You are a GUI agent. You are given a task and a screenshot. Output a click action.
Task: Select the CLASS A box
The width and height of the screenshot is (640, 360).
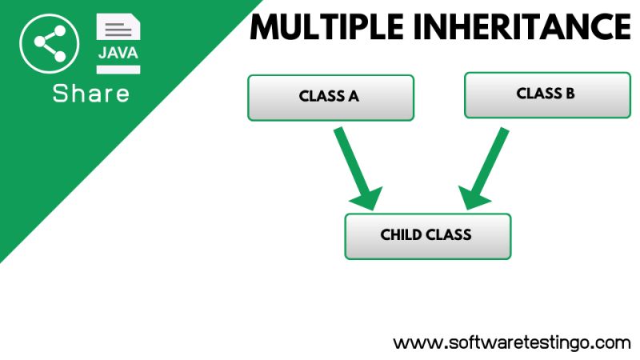pyautogui.click(x=330, y=97)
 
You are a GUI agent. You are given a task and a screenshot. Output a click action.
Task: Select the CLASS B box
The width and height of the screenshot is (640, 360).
pyautogui.click(x=546, y=94)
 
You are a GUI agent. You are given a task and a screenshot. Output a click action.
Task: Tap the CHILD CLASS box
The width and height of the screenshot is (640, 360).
pyautogui.click(x=427, y=235)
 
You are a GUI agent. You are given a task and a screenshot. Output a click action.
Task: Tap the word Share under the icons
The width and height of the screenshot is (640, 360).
pyautogui.click(x=90, y=94)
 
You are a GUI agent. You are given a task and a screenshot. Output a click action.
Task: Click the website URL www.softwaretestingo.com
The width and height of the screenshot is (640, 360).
pyautogui.click(x=512, y=342)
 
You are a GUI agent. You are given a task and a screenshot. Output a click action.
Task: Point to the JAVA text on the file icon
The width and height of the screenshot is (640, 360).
pyautogui.click(x=118, y=53)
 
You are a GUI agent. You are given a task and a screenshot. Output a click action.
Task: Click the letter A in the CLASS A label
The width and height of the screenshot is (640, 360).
pyautogui.click(x=353, y=97)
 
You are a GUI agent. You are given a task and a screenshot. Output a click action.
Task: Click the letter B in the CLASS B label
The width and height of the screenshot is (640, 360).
pyautogui.click(x=570, y=94)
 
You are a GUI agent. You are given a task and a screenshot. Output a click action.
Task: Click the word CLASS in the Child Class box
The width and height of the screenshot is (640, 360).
pyautogui.click(x=449, y=235)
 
